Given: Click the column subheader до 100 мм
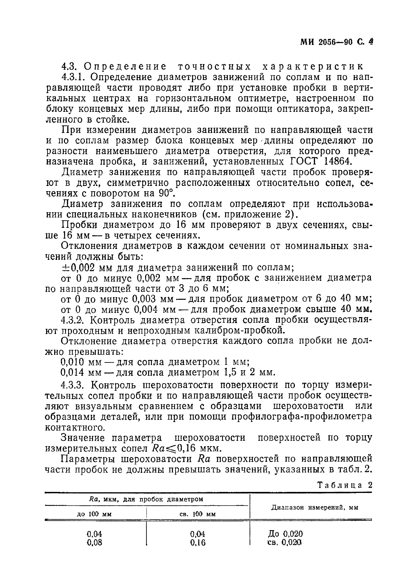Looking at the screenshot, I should coord(94,514).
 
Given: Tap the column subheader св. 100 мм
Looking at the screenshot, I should coord(197,514).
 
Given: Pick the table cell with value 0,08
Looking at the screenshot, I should coord(94,542).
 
